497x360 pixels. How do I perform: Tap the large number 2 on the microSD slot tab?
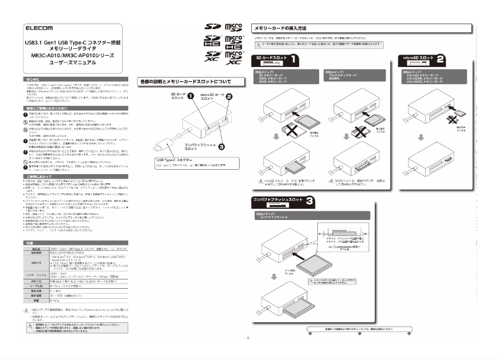[440, 59]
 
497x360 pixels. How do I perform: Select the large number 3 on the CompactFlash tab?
[310, 201]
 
